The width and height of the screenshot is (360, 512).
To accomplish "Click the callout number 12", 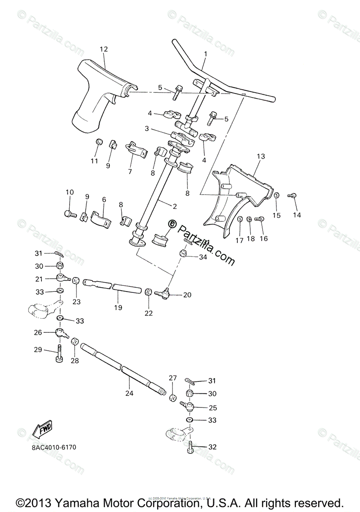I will (x=104, y=49).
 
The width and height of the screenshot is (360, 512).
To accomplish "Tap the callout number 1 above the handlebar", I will (x=205, y=54).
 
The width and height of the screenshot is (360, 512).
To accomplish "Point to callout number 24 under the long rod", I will (x=129, y=393).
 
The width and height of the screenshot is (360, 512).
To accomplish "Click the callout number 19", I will (x=118, y=307).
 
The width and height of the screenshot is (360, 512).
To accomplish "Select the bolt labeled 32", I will (x=190, y=448).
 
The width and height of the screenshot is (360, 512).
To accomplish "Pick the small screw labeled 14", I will (x=293, y=196).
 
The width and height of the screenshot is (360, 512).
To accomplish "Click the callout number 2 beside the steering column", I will (x=174, y=206).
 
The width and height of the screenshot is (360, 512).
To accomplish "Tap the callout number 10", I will (x=70, y=192).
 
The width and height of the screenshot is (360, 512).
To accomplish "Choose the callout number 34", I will (x=202, y=257).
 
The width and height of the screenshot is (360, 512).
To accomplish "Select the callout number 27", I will (x=173, y=378).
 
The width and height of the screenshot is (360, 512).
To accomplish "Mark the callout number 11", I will (x=94, y=161).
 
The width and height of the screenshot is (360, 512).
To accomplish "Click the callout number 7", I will (x=130, y=171).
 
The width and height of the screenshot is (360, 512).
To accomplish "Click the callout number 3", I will (x=146, y=128).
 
